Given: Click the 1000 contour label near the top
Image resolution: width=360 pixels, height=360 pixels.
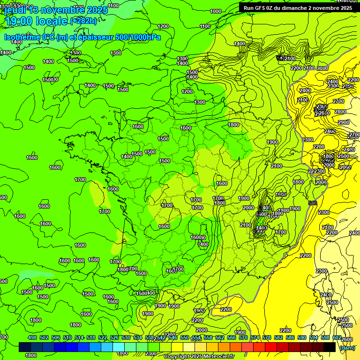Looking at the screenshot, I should pos(216,11).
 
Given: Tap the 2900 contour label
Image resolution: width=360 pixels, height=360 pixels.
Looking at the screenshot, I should pos(344,122).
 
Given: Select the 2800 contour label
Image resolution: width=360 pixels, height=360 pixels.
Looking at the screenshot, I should pos(340,112).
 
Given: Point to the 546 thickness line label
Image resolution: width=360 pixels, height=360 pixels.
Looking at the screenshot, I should pos(313,202).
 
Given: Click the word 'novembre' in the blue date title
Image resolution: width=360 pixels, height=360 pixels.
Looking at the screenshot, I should pos(52,10).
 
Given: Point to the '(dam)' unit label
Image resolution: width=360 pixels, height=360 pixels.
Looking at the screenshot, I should pos(347,347).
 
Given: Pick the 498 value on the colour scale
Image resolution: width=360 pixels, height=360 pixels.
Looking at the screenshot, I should pos(32,337).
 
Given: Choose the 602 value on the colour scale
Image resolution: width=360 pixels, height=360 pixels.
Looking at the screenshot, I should pos(337,337).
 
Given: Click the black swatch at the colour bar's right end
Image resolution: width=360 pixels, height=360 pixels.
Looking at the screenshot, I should pos(330,347).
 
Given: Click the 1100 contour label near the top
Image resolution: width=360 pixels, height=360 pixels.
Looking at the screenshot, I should pos(205,27).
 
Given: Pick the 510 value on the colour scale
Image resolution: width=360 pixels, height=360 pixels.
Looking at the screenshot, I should pos(67,337).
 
